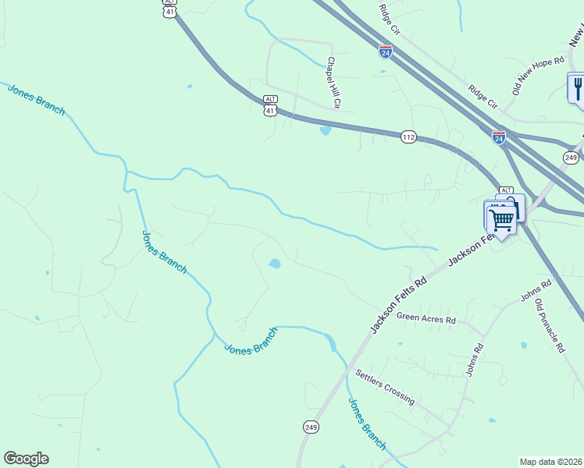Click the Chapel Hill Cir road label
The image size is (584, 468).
tap(335, 82)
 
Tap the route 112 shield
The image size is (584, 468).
tap(408, 137)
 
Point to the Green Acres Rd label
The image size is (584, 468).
tap(426, 318)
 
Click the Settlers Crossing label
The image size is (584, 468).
tap(385, 386)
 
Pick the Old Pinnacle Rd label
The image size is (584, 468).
tap(550, 326)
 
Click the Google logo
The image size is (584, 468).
tap(26, 459)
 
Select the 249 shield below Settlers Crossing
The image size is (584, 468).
tap(311, 427)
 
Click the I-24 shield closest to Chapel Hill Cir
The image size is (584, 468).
tap(386, 51)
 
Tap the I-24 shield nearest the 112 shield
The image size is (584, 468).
tap(499, 137)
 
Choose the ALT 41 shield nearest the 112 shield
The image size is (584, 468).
tap(270, 107)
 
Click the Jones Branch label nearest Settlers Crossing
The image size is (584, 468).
tap(366, 424)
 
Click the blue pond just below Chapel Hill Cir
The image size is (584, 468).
tap(325, 130)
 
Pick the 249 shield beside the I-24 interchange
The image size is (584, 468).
tap(570, 158)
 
